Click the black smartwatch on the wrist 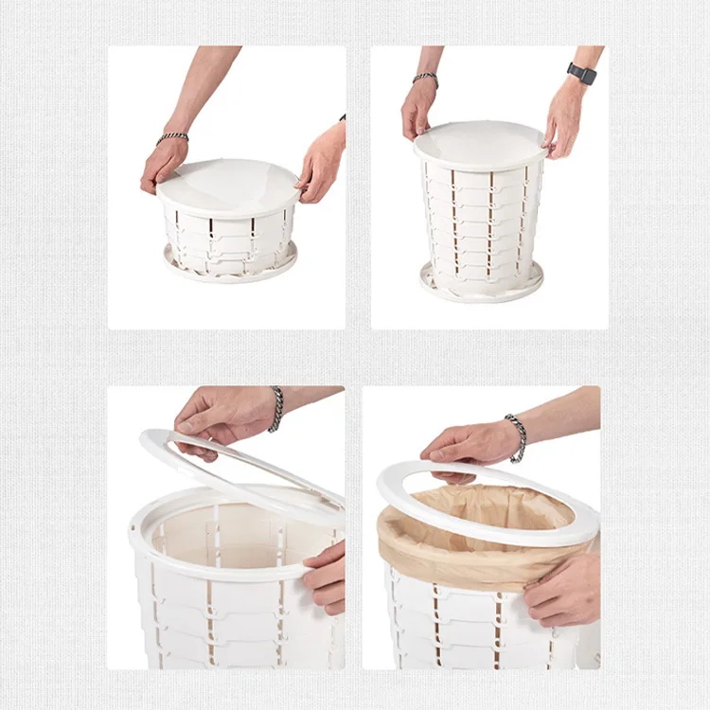pos(582,74)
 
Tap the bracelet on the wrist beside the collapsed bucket pos(172,138)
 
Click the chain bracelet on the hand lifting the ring pos(275,409)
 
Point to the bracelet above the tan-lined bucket pos(516,437)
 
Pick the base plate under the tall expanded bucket pos(482,283)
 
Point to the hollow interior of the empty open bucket pos(218,530)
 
